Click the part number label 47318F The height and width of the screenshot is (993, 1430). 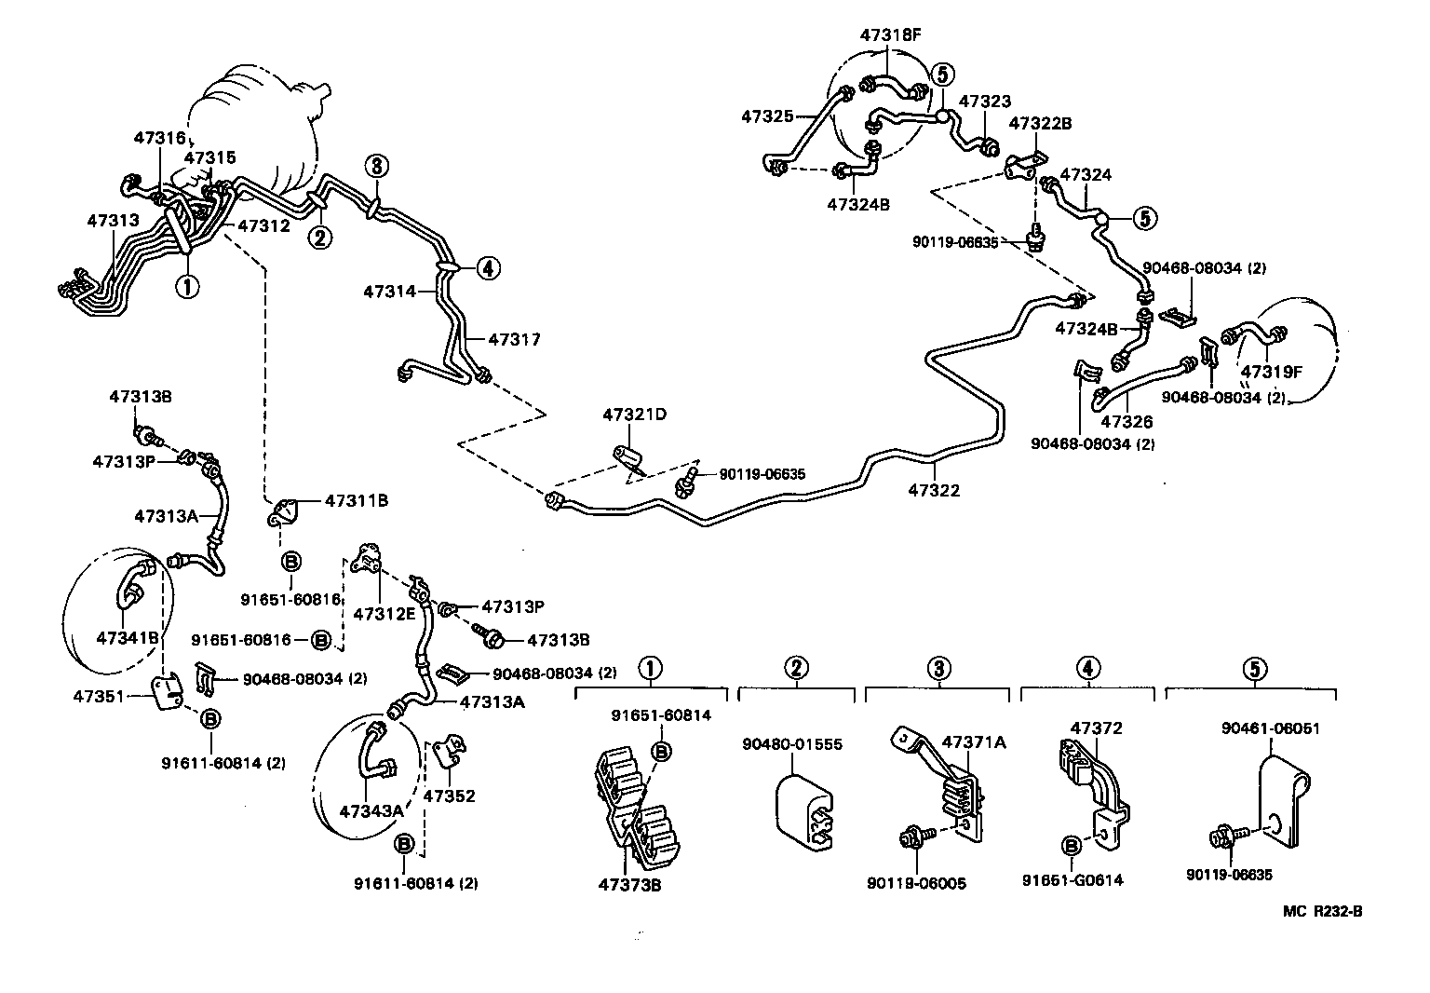coord(890,35)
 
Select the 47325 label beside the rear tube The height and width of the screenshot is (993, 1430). coord(767,116)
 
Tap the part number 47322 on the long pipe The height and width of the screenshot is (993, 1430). coord(934,490)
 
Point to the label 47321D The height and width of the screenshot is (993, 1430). coord(635,415)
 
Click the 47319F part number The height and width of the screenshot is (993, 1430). coord(1270,373)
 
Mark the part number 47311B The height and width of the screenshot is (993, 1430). coord(357,500)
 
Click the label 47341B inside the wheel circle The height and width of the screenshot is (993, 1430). coord(128,637)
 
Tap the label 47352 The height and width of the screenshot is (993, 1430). coord(450,796)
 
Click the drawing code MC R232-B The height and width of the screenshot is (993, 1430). coord(1322,911)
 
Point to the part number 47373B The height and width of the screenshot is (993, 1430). coord(629,884)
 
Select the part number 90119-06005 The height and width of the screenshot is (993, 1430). coord(916,883)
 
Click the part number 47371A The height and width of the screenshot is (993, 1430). coord(974,741)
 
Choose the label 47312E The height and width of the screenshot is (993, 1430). coord(384,613)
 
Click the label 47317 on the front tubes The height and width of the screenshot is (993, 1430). coord(514,339)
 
